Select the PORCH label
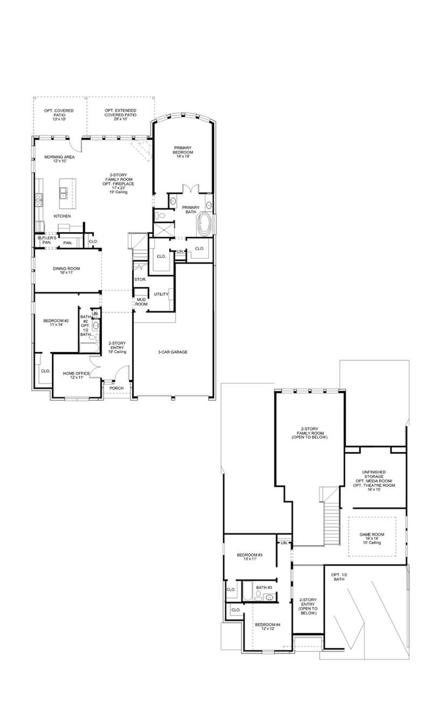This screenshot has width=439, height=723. pos(116,388)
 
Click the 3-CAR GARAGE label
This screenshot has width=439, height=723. pos(173,352)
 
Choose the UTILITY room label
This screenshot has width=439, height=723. pos(161,294)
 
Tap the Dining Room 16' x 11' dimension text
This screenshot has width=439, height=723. pos(66,273)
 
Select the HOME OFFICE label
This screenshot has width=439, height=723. pos(76,373)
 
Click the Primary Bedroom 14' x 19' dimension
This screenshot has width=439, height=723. pos(183,152)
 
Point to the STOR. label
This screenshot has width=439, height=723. pos(140,280)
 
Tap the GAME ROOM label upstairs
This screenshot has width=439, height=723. pos(372,534)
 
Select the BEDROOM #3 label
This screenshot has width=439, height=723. pos(249,555)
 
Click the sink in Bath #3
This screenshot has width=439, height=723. pos(269,597)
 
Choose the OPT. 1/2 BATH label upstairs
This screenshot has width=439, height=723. pos(338,577)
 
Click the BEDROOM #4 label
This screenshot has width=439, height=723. pos(272,624)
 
